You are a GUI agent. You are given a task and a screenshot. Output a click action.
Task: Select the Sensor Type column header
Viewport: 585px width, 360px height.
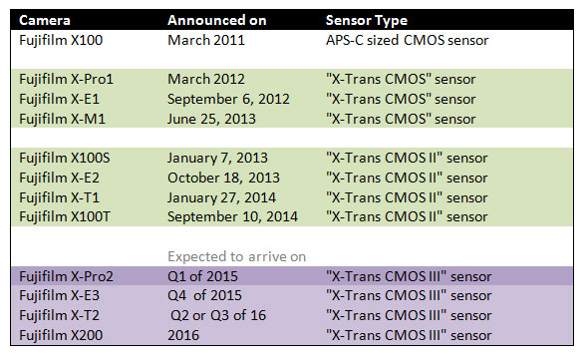click(368, 21)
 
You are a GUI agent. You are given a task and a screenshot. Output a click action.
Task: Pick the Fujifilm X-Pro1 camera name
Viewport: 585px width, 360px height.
click(68, 78)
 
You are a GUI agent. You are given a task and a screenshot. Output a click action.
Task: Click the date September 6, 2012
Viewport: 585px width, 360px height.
click(227, 98)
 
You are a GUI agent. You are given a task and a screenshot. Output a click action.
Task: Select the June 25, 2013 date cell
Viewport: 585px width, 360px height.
click(209, 118)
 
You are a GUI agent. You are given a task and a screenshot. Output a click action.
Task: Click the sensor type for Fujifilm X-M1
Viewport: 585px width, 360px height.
click(400, 118)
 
